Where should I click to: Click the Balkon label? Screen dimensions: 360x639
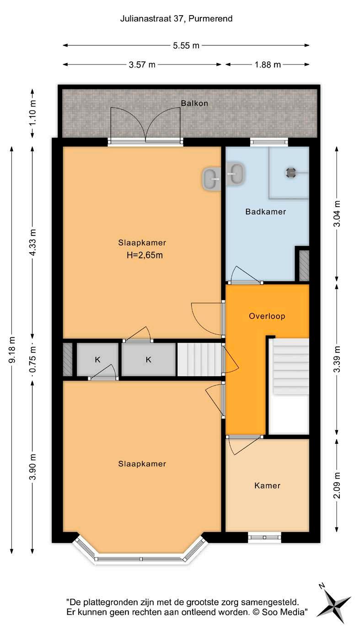pos(194,103)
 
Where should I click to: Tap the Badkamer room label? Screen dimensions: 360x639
pos(265,212)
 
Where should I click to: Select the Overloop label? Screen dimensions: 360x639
pos(267,316)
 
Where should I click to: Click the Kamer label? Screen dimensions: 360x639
pos(267,485)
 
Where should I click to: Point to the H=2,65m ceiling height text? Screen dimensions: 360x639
pos(145,255)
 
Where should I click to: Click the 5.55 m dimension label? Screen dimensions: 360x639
pos(186,46)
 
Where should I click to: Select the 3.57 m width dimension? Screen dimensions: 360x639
pos(142,65)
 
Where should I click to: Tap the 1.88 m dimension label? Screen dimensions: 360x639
pos(268,65)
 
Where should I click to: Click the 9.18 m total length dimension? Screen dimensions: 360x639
pos(12,350)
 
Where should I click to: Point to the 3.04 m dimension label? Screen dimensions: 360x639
pos(337,213)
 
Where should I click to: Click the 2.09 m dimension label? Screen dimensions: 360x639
pos(337,485)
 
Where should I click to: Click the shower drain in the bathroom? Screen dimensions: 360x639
pos(291,173)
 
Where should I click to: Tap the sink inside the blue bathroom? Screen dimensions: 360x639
pos(236,173)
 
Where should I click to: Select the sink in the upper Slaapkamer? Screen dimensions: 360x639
pos(212,179)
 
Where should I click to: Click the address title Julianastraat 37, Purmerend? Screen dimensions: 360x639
pos(176,19)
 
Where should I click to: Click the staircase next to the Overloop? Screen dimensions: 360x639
pos(291,367)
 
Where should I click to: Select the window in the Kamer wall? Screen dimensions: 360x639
pos(265,538)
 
